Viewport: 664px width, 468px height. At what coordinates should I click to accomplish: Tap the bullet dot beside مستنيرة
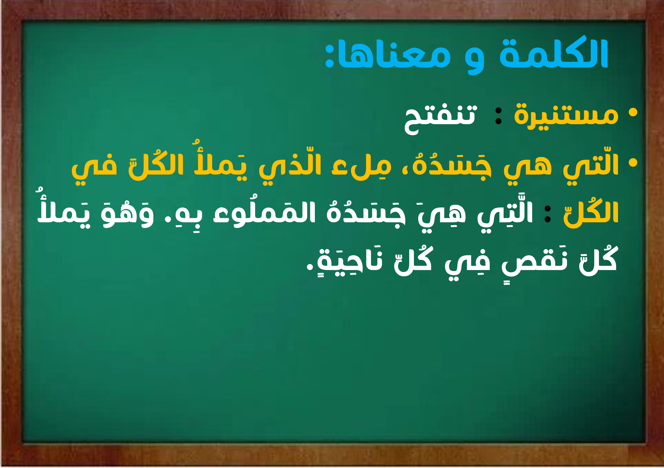pos(633,112)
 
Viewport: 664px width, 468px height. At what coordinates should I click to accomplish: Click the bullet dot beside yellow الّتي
pos(633,163)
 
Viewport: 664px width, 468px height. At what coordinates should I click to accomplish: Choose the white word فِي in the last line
pos(467,264)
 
